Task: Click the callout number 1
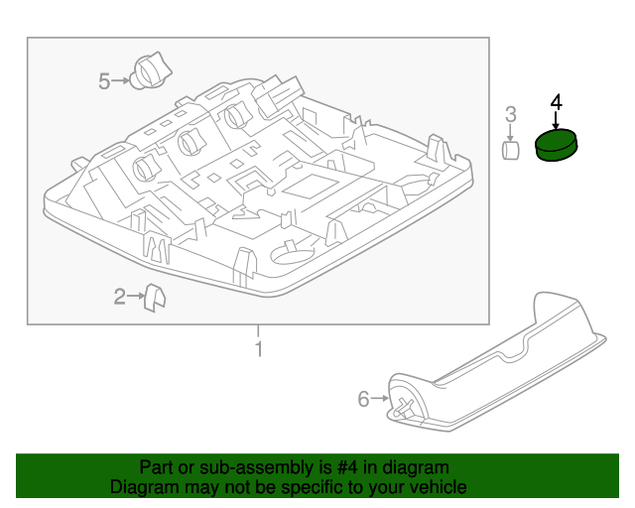pos(258,349)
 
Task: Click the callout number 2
pos(119,296)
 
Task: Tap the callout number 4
pos(556,102)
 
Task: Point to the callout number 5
pos(104,81)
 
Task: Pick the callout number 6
pos(363,399)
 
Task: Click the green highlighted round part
pos(558,146)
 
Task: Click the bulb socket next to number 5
pos(152,70)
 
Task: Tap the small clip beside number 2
pos(155,297)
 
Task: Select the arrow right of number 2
pos(136,296)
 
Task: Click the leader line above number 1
pos(258,331)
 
